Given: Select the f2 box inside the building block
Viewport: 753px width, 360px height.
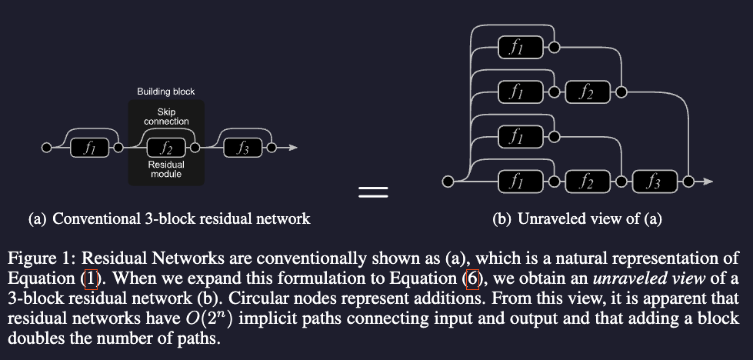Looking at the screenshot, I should point(165,147).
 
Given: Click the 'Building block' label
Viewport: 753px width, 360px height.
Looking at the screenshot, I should point(166,92).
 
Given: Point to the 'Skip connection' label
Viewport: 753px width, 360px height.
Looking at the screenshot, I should point(166,117).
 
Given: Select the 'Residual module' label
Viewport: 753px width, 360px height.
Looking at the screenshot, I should point(166,169).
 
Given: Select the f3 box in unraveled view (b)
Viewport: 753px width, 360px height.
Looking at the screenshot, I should point(655,182).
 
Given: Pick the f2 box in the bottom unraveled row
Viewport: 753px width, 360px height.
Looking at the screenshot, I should point(587,182).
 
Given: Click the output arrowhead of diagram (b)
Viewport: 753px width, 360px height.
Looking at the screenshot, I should point(708,182).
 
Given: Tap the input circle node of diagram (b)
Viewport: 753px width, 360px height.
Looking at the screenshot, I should point(448,182).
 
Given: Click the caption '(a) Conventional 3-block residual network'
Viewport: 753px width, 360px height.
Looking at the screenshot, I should point(169,219).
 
